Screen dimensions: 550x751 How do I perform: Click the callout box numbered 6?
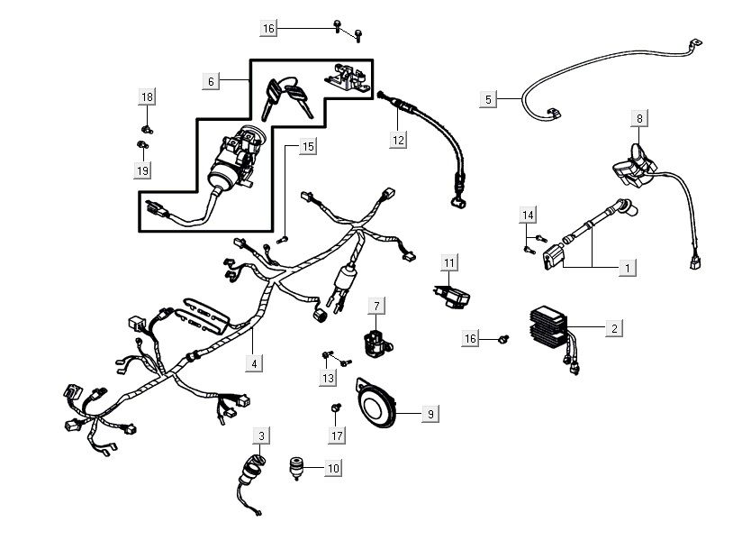coord(212,81)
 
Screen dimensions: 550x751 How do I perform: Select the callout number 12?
coord(399,139)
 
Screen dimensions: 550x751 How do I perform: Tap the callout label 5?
coord(489,99)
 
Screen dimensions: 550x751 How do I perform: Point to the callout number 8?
coord(639,118)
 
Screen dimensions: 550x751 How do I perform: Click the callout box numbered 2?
coord(613,328)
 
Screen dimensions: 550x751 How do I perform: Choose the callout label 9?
coord(430,413)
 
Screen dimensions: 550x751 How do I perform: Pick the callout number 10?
coord(333,468)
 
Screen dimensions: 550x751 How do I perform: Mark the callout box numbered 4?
coord(256,363)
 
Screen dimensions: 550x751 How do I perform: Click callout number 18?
coord(147,96)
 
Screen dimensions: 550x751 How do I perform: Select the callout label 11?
coord(449,262)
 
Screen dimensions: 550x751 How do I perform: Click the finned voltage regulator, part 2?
coord(551,330)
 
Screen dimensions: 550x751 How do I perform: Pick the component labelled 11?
coord(449,294)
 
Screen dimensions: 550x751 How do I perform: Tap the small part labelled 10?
coord(297,466)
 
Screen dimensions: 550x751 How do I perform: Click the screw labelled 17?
coord(334,410)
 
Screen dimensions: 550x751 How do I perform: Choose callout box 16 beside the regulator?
coord(471,338)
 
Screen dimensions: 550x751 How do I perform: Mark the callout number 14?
coord(529,214)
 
